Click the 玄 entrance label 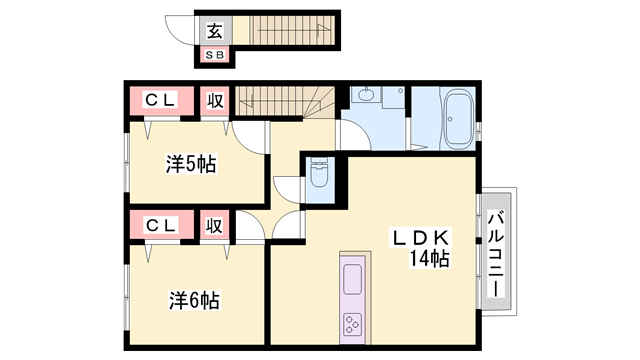(214, 31)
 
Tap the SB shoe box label (215, 55)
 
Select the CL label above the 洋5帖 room (161, 101)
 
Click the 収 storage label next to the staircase (215, 101)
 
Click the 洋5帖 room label (191, 164)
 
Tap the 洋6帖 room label (193, 299)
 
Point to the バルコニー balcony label (497, 250)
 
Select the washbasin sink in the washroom (366, 97)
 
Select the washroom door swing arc (353, 134)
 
